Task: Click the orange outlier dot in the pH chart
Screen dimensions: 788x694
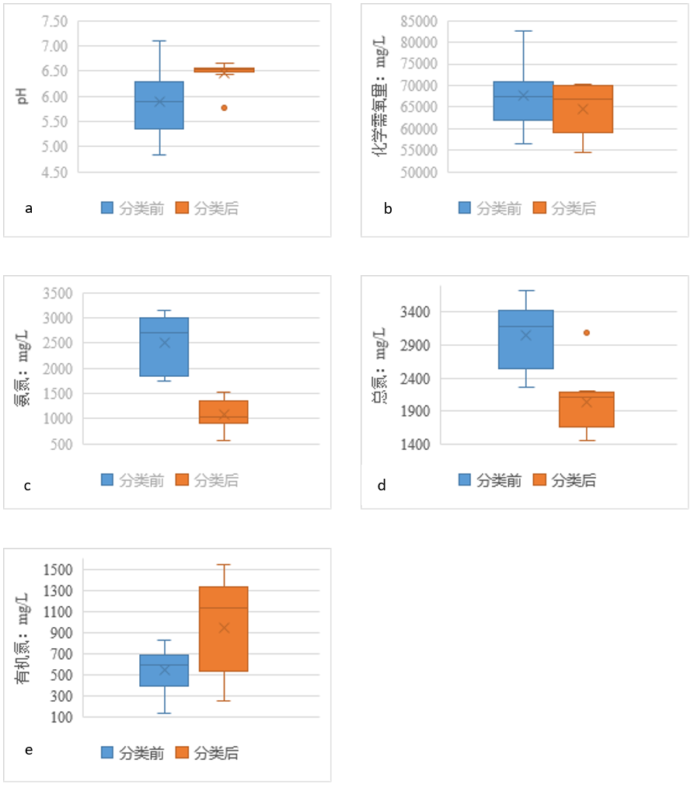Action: click(x=225, y=107)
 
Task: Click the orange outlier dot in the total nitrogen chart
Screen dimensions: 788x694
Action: click(x=587, y=333)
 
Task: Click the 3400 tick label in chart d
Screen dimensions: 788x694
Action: click(x=420, y=312)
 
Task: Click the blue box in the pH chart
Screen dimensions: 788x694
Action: click(x=159, y=105)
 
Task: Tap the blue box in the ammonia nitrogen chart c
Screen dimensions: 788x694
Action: click(x=165, y=347)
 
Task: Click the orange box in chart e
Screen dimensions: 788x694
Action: click(x=224, y=628)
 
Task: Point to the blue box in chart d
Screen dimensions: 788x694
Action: click(x=526, y=339)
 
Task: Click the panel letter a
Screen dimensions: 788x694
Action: click(x=29, y=208)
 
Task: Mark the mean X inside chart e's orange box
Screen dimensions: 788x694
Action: click(x=224, y=628)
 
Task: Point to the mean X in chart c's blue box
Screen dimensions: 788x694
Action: click(x=165, y=343)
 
